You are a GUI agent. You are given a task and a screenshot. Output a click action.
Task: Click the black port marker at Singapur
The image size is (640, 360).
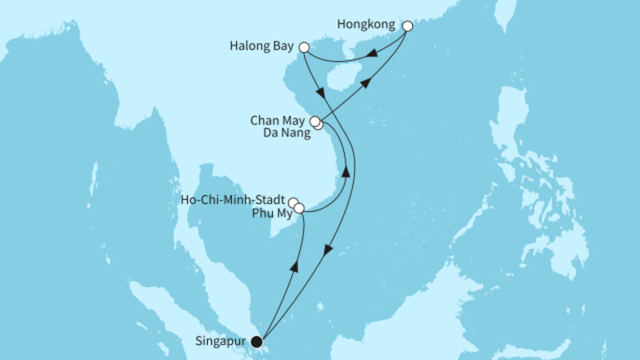[x=257, y=341]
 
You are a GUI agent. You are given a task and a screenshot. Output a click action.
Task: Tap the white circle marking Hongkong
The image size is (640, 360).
[x=407, y=26]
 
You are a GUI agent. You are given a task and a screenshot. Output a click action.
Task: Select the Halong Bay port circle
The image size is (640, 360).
[x=304, y=48]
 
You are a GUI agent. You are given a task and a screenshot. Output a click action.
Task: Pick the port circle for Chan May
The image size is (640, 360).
[x=316, y=122]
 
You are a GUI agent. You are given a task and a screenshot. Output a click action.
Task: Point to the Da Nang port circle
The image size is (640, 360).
[x=319, y=125]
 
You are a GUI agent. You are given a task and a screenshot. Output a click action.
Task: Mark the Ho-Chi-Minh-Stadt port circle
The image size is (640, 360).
[x=294, y=203]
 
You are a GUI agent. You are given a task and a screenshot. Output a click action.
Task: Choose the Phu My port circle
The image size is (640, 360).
[x=299, y=209]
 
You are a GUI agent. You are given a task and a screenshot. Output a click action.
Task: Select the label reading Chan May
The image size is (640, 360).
[x=280, y=121]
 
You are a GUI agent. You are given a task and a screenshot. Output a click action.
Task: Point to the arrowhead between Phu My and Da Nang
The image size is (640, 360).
[x=346, y=172]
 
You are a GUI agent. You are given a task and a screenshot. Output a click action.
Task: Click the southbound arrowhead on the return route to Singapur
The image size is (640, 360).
[x=326, y=253]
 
